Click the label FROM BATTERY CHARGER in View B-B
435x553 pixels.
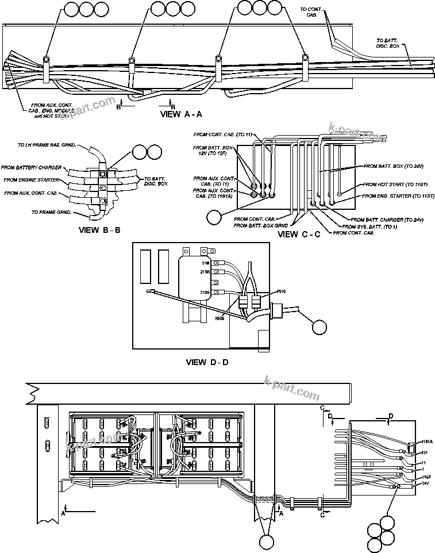point(32,167)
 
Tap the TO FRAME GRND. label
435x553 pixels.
point(51,212)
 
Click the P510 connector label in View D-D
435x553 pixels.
point(281,292)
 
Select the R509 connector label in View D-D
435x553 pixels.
point(220,317)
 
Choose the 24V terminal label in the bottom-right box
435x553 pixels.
point(426,483)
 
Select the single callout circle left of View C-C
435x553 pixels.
point(214,218)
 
